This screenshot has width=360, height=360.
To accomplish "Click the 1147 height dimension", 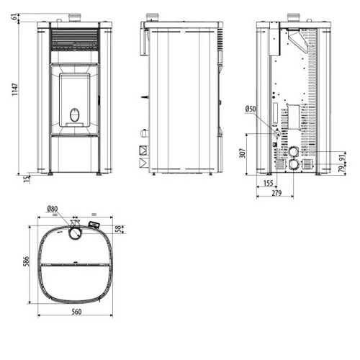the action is [15, 89].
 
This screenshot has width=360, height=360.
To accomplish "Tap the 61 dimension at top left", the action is [14, 17].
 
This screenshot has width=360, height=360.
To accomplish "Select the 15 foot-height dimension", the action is [27, 179].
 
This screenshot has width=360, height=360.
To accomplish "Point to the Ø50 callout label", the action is [251, 109].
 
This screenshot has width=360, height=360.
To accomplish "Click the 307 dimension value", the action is [243, 153].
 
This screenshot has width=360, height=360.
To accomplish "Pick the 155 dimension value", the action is [269, 183].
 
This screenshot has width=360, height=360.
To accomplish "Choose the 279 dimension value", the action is [276, 193].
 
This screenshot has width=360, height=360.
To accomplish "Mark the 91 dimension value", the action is [342, 158].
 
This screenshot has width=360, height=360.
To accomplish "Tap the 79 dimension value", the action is [342, 168].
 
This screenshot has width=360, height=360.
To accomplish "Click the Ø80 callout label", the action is [53, 209].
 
